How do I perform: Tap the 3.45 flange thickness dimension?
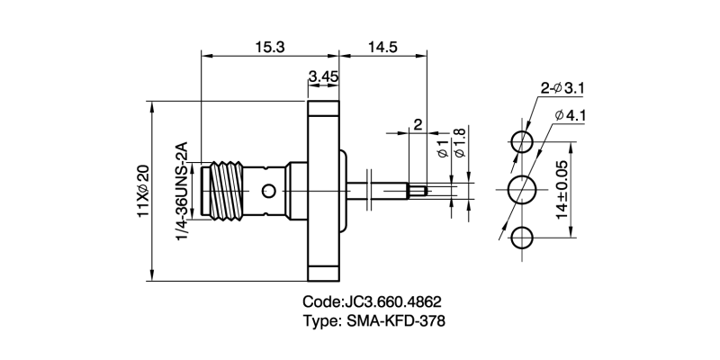click(323, 78)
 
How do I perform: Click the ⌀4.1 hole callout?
click(571, 115)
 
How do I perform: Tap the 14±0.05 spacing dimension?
click(562, 191)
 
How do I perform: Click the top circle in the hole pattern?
click(522, 141)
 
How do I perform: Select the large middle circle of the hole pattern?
click(523, 191)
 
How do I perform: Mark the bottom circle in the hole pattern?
click(522, 238)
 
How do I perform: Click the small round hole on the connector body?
click(267, 191)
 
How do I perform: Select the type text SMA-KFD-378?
click(396, 321)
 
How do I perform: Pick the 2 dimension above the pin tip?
click(417, 123)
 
